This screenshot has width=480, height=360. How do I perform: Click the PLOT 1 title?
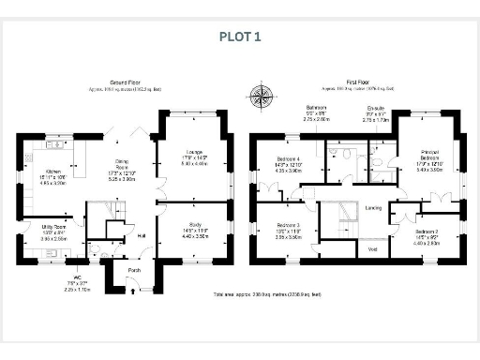coord(241,37)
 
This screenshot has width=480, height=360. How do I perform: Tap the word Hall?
coord(142,235)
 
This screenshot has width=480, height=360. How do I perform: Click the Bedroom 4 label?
coord(288,158)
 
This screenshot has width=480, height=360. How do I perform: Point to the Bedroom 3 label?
coord(288,226)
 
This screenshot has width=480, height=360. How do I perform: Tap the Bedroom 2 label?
coord(427,231)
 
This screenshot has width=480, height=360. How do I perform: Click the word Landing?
coord(372,208)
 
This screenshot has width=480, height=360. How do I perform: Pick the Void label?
coord(372,248)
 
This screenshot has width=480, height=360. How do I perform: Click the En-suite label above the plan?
coord(375,109)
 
